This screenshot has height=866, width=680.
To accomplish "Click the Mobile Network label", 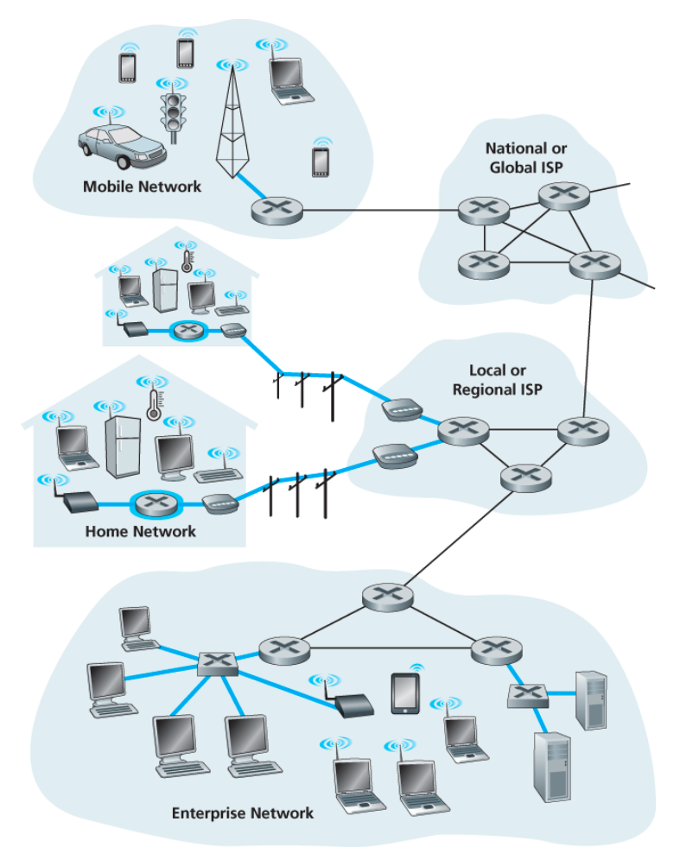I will [142, 186].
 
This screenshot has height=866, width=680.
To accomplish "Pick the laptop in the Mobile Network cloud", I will [286, 79].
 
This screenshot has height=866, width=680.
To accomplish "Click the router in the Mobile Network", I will [277, 210].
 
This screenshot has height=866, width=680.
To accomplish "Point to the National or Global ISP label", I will [526, 157].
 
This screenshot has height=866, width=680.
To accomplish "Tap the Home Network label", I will [140, 531].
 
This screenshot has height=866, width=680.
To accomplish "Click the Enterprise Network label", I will [242, 812].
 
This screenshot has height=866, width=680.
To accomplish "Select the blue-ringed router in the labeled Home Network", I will [155, 503].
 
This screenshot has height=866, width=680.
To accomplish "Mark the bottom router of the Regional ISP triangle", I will [524, 476].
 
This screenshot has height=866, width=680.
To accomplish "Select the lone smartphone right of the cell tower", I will [321, 161].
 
